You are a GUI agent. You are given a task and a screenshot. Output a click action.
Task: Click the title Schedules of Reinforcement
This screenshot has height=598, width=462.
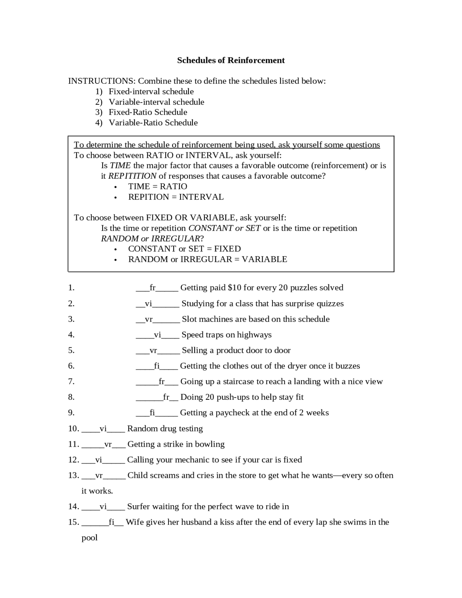tap(231, 60)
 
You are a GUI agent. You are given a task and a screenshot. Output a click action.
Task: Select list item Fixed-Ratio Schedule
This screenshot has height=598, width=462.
tap(148, 112)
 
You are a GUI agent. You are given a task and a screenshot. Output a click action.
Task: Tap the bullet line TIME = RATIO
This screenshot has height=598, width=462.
tap(157, 186)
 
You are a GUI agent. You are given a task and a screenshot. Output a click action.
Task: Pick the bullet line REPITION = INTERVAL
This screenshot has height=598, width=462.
tap(176, 197)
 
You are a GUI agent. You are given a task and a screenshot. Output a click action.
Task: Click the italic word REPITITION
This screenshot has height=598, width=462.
tap(132, 176)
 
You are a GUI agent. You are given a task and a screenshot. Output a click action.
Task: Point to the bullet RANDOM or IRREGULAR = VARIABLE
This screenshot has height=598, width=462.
tap(208, 259)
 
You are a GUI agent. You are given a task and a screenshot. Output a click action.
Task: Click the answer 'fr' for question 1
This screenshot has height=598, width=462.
tap(153, 288)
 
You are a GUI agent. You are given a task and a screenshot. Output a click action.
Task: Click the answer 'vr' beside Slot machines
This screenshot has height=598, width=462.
tap(149, 319)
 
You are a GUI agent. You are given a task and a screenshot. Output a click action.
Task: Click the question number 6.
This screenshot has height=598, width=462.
tap(71, 366)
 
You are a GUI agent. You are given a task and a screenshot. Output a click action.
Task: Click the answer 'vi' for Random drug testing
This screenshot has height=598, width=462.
tap(103, 429)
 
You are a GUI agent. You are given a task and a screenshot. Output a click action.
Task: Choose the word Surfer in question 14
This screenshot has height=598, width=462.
tap(139, 507)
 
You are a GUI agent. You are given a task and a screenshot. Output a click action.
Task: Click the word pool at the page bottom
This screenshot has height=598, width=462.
tap(90, 538)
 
